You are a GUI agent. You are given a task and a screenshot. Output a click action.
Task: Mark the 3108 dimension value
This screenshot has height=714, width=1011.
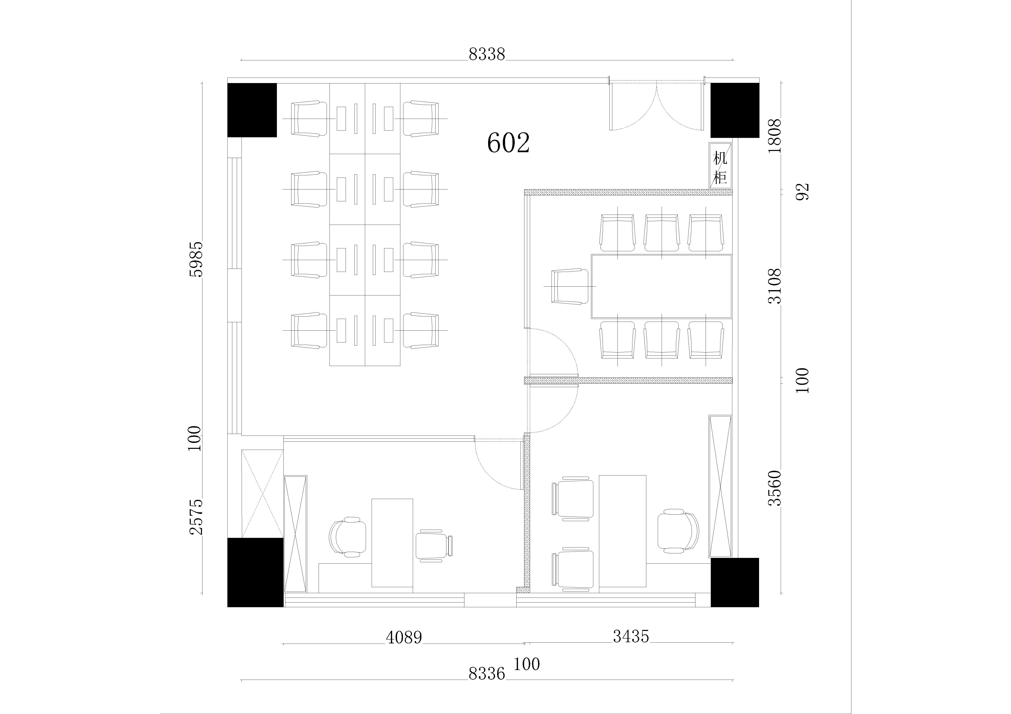[775, 286]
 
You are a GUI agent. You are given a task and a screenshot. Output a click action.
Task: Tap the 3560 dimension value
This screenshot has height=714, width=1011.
[775, 488]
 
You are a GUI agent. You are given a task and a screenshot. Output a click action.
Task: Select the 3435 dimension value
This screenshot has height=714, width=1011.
[631, 636]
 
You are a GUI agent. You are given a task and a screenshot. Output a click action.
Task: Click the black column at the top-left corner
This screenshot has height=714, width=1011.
[252, 110]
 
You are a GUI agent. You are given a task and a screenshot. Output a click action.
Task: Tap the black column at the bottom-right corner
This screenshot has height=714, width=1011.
[735, 582]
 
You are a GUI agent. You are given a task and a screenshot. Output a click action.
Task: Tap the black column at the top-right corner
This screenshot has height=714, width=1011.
[735, 110]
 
